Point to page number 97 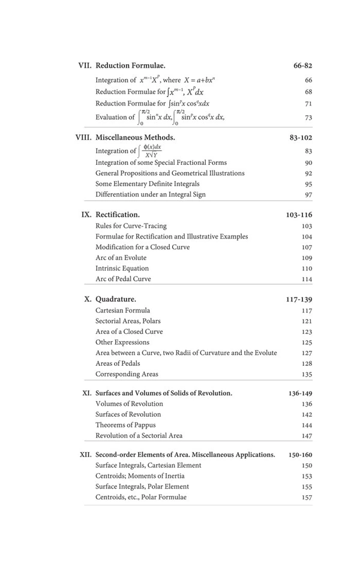click(308, 195)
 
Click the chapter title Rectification click(118, 214)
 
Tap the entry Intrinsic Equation click(122, 268)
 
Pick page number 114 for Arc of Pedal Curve click(307, 279)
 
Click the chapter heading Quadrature click(116, 299)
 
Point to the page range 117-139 click(299, 299)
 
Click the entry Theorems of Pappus click(125, 425)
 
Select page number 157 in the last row click(307, 498)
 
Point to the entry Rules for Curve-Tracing click(131, 226)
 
